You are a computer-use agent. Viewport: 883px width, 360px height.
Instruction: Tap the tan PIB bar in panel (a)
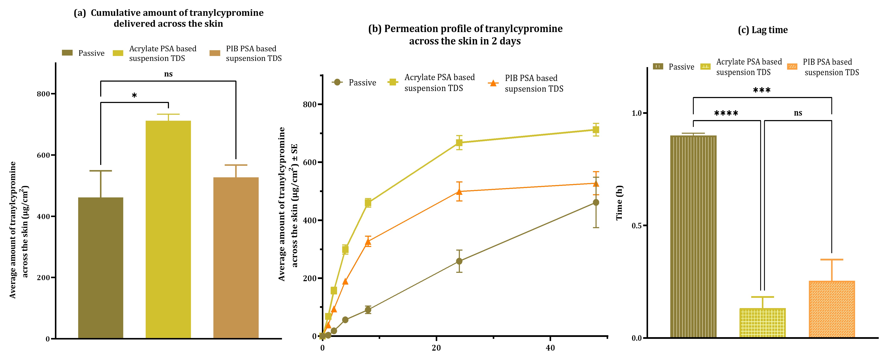(x=236, y=257)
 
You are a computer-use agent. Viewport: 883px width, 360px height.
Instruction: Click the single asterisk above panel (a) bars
(x=134, y=96)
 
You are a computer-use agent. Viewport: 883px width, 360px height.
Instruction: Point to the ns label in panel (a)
(x=168, y=74)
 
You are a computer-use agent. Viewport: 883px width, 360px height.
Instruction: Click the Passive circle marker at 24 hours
(x=459, y=261)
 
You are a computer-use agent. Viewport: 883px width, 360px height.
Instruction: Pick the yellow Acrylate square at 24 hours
(x=459, y=143)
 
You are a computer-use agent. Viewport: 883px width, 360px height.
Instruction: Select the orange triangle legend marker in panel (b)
(x=493, y=83)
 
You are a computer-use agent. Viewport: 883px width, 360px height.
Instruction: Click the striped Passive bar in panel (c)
(x=693, y=237)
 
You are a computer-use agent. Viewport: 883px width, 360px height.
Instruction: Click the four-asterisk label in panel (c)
(x=726, y=113)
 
